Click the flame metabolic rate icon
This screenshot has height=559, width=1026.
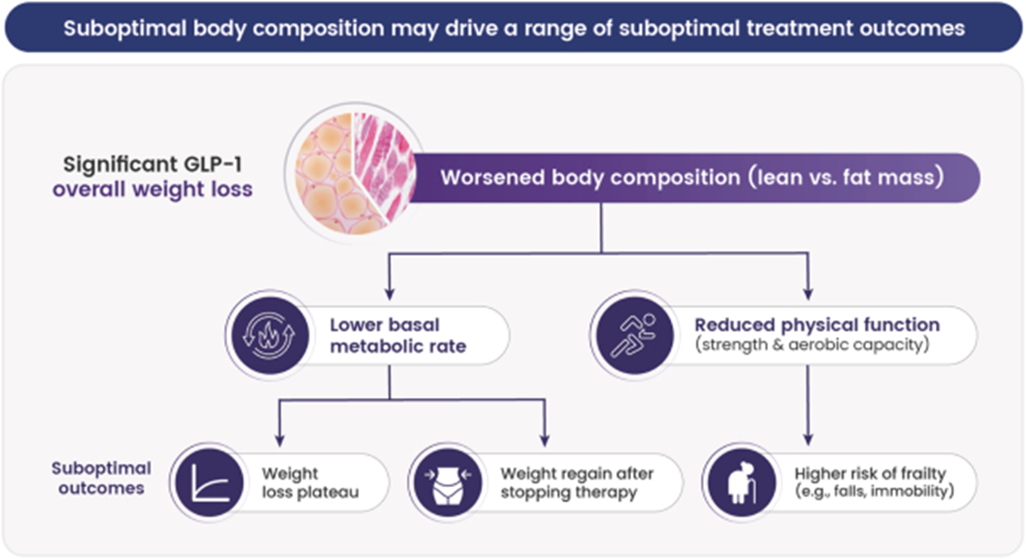pyautogui.click(x=270, y=335)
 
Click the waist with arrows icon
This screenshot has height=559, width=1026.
pyautogui.click(x=448, y=483)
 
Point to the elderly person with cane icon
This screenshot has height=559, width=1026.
pyautogui.click(x=742, y=483)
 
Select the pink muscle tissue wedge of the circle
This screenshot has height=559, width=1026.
pyautogui.click(x=382, y=163)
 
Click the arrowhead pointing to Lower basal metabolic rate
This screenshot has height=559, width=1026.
pyautogui.click(x=390, y=294)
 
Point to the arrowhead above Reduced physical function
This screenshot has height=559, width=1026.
pyautogui.click(x=808, y=294)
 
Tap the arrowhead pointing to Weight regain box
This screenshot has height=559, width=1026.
pyautogui.click(x=544, y=441)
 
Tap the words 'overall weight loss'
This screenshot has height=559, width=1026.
pyautogui.click(x=153, y=189)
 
